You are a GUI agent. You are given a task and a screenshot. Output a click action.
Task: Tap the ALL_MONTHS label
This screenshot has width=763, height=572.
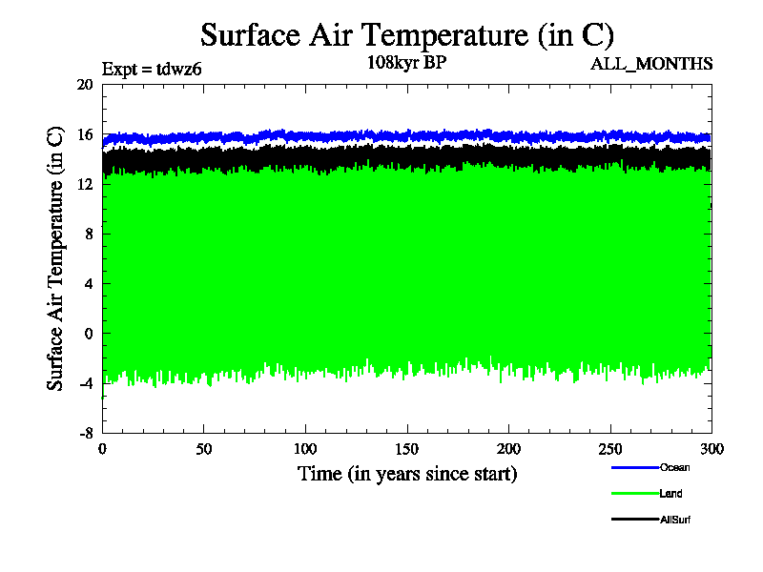[x=651, y=65]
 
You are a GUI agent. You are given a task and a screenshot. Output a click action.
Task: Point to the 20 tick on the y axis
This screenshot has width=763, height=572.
[x=84, y=85]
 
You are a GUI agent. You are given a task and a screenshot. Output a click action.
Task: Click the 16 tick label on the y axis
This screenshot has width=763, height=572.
[x=84, y=134]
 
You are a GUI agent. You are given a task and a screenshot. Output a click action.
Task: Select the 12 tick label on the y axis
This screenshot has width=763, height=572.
[x=84, y=184]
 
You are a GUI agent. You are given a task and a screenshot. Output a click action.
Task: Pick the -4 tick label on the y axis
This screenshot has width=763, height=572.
[x=84, y=382]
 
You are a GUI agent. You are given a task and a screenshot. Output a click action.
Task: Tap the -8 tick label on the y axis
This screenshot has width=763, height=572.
[x=84, y=432]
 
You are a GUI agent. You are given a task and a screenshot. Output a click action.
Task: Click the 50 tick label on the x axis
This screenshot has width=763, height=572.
[x=203, y=449]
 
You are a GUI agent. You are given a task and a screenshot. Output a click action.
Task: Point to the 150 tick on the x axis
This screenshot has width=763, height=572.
[x=407, y=449]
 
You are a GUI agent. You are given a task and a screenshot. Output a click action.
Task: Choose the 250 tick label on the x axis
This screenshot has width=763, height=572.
[x=610, y=449]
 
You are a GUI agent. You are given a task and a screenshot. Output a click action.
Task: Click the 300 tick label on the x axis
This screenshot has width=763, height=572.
[x=711, y=449]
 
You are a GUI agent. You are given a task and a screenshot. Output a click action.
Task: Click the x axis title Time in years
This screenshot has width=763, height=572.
[x=407, y=473]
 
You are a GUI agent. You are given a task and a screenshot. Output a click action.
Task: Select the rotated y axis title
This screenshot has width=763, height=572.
[x=56, y=257]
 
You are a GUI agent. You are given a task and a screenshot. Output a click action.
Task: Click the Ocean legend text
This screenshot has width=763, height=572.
[x=674, y=467]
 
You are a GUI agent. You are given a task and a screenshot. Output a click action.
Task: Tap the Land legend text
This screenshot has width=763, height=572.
[x=670, y=494]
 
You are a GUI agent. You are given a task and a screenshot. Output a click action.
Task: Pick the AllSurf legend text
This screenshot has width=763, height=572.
[x=674, y=520]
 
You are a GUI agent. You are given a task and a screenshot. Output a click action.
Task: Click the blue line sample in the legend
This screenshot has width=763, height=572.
[x=634, y=467]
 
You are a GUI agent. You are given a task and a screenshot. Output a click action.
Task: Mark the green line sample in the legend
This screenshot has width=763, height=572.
[x=634, y=494]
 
